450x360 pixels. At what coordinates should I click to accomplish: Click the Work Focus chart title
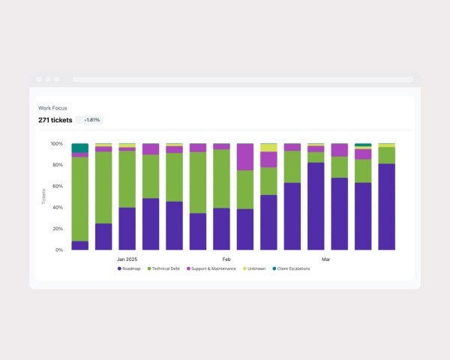click(x=52, y=108)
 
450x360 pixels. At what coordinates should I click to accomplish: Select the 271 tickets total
click(x=55, y=120)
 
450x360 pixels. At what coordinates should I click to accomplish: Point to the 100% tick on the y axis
click(x=57, y=143)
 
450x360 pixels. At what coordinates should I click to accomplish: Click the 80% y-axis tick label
click(x=58, y=165)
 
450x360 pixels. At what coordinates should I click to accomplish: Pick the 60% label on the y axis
click(x=58, y=186)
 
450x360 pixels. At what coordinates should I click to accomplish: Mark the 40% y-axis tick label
click(x=58, y=208)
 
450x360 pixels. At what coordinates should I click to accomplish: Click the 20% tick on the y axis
click(x=58, y=229)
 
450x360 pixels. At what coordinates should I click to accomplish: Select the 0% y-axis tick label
click(x=59, y=250)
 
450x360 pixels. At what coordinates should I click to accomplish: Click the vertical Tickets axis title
click(x=43, y=196)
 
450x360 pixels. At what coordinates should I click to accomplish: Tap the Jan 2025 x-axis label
click(x=127, y=259)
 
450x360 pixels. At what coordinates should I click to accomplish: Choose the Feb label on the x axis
click(x=226, y=259)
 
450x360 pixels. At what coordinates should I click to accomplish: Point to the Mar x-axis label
click(x=326, y=259)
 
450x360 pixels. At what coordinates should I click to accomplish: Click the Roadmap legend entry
click(x=131, y=268)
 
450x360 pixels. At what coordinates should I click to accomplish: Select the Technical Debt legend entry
click(x=163, y=268)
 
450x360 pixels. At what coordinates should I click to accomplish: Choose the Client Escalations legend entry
click(x=292, y=268)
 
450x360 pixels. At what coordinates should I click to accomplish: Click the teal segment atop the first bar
click(x=80, y=148)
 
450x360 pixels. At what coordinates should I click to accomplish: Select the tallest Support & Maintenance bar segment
click(x=245, y=157)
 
